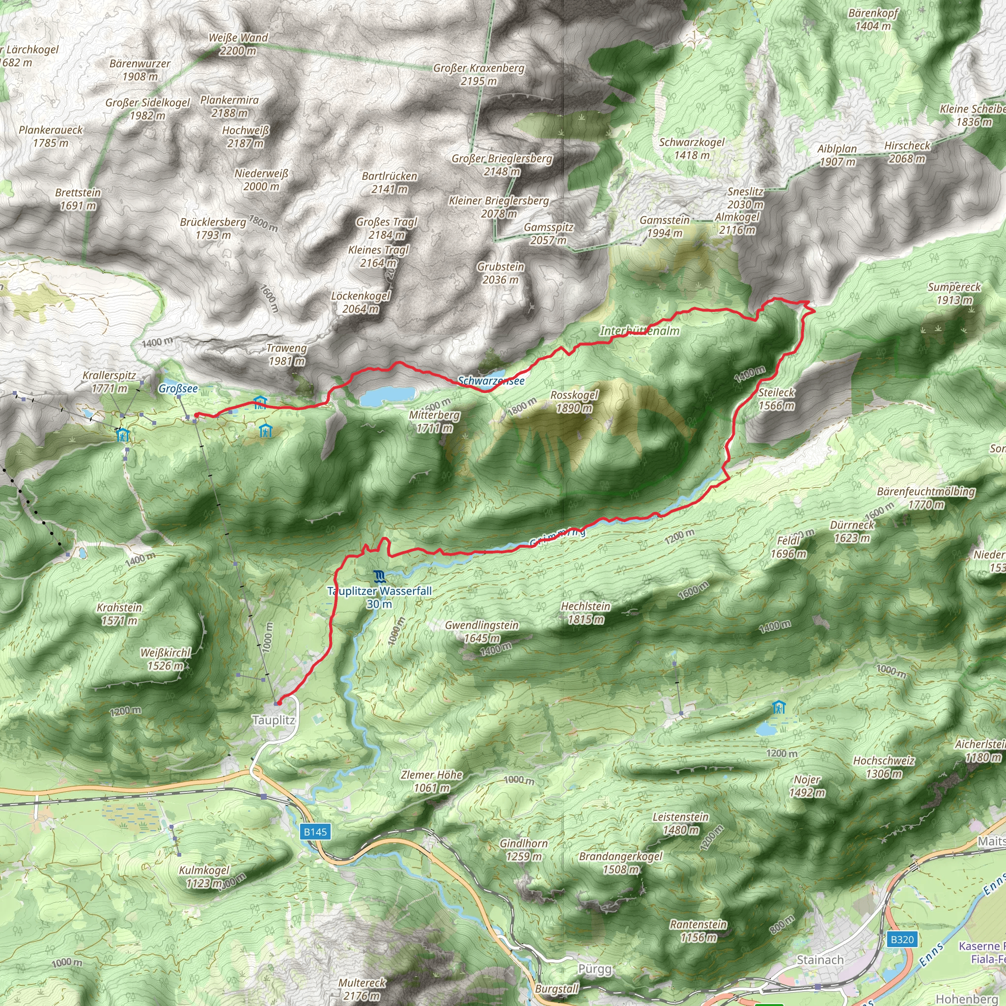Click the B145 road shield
315,832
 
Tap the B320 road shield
902,939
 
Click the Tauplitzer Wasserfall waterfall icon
380,576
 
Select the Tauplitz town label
274,720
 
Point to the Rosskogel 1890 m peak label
574,401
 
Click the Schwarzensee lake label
491,381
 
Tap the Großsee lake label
178,389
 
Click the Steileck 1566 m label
777,399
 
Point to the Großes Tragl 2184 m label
387,228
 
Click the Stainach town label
820,960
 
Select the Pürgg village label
595,969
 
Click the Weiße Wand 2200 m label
238,44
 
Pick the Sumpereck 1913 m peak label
954,293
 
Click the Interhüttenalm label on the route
640,331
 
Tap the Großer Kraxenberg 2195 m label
478,75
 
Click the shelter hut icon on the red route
260,402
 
